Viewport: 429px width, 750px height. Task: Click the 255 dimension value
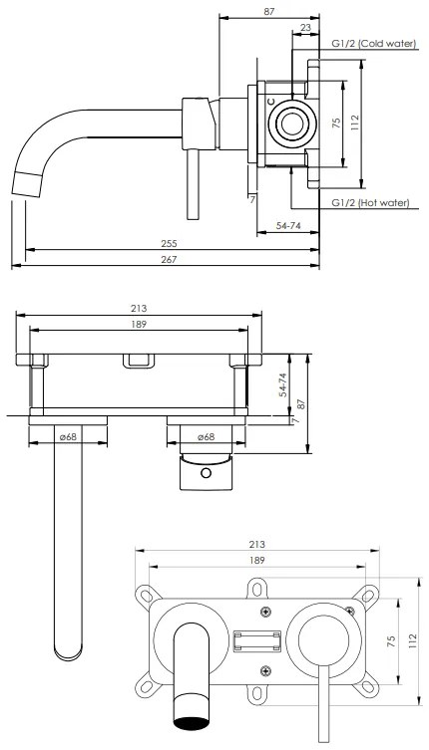pos(169,243)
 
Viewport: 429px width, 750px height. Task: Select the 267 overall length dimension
pos(169,260)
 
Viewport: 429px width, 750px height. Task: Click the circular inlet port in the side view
pos(292,125)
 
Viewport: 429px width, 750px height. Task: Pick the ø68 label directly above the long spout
pos(69,436)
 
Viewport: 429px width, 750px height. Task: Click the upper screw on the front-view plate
pos(264,611)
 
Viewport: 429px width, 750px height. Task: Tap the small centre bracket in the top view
pos(139,361)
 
